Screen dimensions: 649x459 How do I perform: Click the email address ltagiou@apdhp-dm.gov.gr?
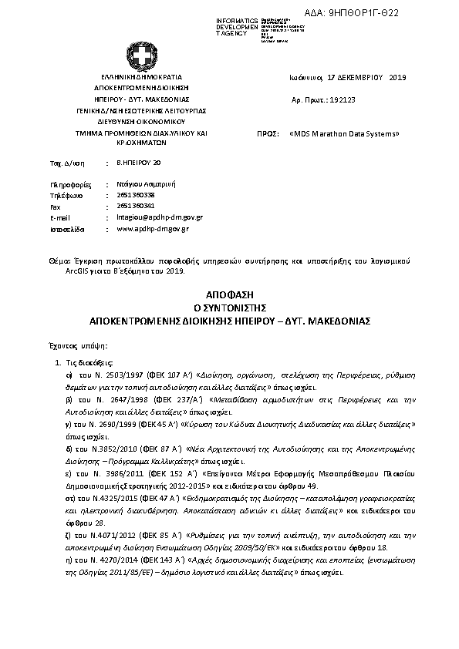159,218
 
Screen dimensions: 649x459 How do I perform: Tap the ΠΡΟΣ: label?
267,133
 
